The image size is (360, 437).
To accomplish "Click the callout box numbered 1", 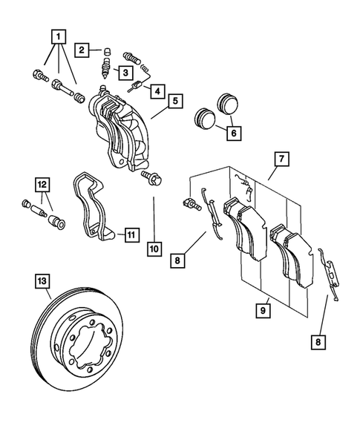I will tap(58, 36).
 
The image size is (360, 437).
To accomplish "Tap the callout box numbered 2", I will tap(82, 50).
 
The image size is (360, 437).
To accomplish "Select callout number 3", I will tap(127, 72).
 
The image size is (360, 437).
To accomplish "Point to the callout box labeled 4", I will tap(157, 91).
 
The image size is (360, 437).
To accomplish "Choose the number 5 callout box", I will tap(174, 99).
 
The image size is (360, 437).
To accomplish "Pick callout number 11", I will tap(130, 235).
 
